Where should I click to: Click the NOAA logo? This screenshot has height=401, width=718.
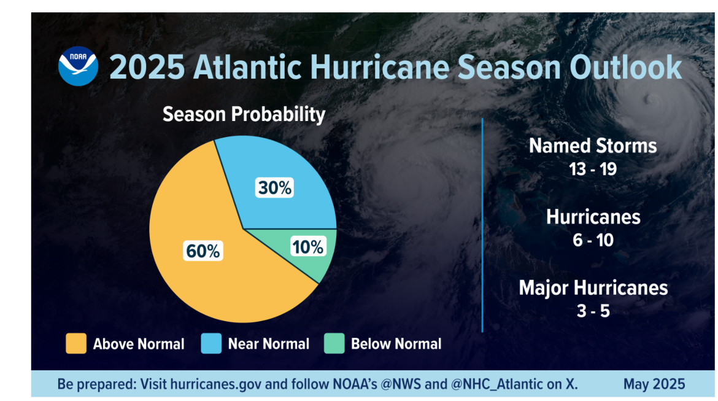point(78,66)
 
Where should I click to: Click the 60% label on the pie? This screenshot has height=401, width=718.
point(203,251)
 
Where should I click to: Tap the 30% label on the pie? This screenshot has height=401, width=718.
point(274,188)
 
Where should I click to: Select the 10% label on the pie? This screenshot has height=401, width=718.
point(307,247)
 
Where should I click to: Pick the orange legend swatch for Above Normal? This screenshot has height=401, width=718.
point(76,344)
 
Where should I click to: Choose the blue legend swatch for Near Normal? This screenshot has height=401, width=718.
point(211,344)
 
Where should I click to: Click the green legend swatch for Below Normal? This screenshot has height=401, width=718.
point(334,344)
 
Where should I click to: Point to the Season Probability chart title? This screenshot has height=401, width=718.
point(244,114)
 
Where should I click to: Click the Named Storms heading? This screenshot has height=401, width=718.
point(593,146)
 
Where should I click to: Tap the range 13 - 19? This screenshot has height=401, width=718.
point(593,169)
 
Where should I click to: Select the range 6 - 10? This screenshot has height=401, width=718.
point(593,239)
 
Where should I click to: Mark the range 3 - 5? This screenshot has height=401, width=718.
point(593,311)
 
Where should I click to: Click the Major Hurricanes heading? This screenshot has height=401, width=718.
point(593,287)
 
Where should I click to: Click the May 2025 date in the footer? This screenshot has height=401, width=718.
point(654,385)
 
